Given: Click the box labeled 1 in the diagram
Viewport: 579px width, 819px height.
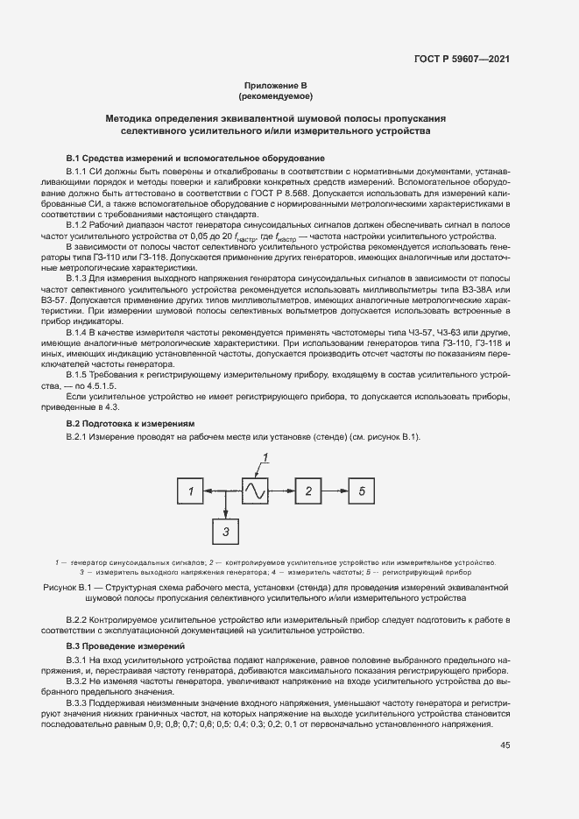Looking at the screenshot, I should click(x=189, y=492).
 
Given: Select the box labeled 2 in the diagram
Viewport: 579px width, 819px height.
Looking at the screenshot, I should click(x=308, y=492).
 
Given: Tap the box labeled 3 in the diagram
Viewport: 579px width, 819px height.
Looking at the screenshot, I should click(x=225, y=531).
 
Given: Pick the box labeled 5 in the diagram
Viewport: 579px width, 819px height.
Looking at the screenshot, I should click(x=361, y=492).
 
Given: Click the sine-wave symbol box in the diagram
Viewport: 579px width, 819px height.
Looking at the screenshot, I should click(x=254, y=491).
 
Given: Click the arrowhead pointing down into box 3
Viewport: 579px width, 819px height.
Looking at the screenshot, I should click(x=225, y=514).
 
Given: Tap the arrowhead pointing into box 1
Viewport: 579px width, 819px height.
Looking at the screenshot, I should click(x=208, y=492).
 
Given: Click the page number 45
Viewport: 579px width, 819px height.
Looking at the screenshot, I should click(x=505, y=745).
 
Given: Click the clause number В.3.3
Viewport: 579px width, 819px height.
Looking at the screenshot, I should click(x=79, y=704).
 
